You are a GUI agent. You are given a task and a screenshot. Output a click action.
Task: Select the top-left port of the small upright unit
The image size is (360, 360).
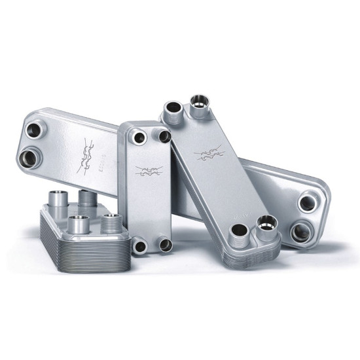[x=139, y=139]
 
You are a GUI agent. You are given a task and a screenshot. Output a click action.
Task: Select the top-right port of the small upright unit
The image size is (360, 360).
[x=164, y=135]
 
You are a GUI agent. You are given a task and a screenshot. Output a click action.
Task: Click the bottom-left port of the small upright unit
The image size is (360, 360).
[x=139, y=246]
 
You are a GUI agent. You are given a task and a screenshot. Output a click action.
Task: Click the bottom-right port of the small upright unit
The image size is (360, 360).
[x=165, y=245]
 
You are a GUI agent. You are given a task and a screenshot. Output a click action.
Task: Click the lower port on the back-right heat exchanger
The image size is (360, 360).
[x=303, y=230]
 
